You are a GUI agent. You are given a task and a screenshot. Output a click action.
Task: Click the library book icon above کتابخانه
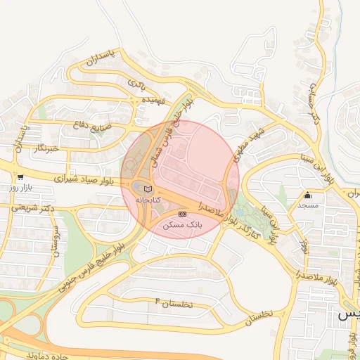pyautogui.click(x=148, y=189)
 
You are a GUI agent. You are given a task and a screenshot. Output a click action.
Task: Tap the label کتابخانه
pyautogui.click(x=148, y=200)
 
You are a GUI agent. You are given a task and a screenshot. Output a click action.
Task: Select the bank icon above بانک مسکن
pyautogui.click(x=183, y=214)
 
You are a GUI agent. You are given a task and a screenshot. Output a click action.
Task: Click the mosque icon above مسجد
pyautogui.click(x=307, y=195)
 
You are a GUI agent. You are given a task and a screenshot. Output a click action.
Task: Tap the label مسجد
pyautogui.click(x=307, y=205)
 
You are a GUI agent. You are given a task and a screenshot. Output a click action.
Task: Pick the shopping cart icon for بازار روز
pyautogui.click(x=20, y=178)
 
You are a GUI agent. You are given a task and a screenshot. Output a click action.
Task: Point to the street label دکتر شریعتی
pyautogui.click(x=34, y=209)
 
